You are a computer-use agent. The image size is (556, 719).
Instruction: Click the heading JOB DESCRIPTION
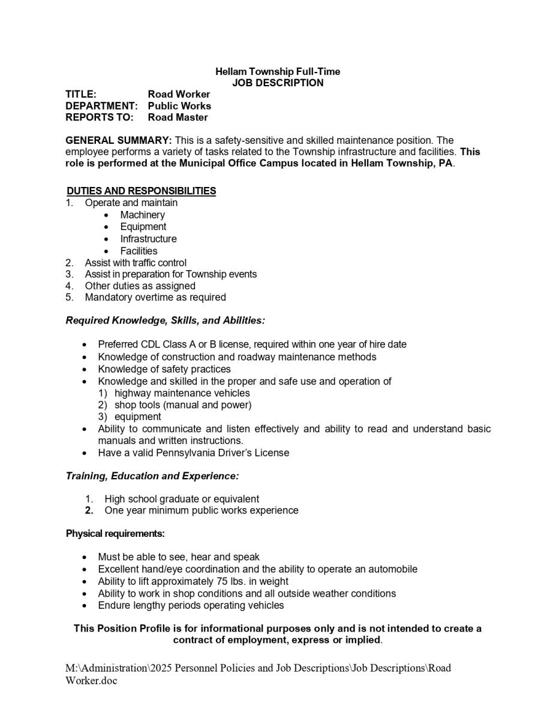278,83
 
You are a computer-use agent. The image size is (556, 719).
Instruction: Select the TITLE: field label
81,94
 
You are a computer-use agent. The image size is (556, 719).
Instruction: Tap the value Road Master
178,117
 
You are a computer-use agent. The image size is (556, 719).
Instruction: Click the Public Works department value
179,105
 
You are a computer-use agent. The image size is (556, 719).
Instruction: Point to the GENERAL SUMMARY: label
119,140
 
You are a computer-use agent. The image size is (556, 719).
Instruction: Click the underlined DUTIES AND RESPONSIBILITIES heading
142,191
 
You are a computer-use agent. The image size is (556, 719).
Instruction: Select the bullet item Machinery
142,215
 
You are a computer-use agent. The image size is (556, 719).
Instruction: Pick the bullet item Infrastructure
148,238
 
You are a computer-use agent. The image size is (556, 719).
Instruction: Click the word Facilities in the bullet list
139,251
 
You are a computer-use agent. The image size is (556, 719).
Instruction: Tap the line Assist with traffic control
136,262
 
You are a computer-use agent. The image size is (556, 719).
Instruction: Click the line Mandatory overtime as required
155,297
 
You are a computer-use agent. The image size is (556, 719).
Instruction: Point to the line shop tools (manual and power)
183,404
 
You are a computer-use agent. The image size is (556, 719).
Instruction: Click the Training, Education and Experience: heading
152,476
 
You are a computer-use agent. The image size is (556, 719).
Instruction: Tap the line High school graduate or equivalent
182,499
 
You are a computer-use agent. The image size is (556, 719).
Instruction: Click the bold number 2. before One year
89,510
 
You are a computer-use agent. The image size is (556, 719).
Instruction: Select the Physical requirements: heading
115,533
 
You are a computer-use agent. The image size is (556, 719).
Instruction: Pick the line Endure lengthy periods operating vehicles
191,605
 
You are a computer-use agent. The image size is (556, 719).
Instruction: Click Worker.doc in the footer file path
91,681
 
